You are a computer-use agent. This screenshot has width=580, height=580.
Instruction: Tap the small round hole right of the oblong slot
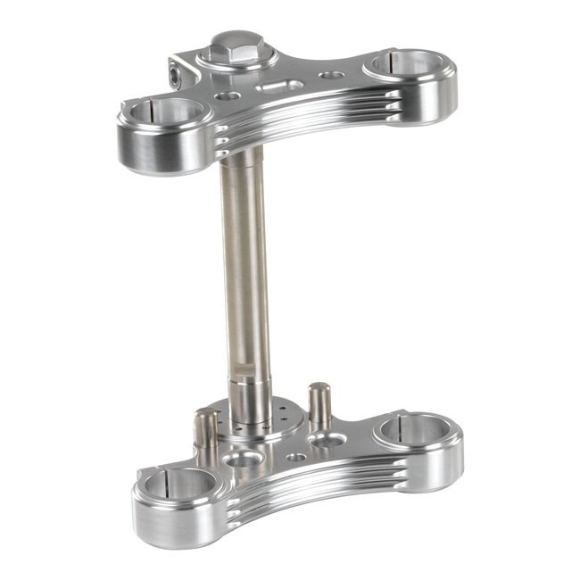pyautogui.click(x=332, y=76)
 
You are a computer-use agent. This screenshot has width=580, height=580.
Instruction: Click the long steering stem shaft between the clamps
pyautogui.click(x=246, y=268)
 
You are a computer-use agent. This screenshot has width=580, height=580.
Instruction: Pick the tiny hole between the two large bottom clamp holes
pyautogui.click(x=296, y=456)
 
